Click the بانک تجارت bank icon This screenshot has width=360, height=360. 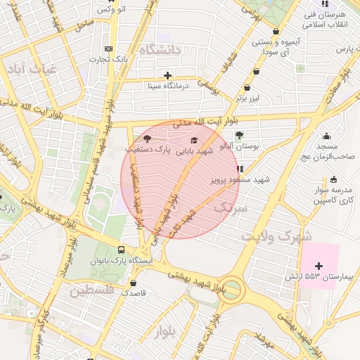[108, 49]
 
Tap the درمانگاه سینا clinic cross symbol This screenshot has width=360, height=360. [167, 75]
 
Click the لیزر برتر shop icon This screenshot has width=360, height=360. [247, 88]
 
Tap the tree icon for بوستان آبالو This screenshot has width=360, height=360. [239, 135]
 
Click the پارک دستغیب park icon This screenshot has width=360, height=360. [147, 139]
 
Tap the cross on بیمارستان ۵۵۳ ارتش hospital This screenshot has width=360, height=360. [320, 266]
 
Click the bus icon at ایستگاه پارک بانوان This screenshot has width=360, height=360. [122, 250]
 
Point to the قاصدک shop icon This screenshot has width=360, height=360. [133, 283]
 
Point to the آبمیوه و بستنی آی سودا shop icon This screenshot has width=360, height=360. [276, 32]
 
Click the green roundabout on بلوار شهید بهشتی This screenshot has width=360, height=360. [233, 289]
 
